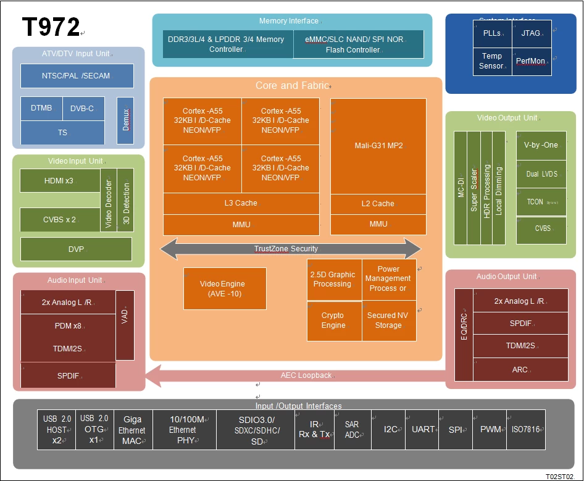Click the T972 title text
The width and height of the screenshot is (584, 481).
(x=51, y=27)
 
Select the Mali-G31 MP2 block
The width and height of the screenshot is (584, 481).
(x=378, y=146)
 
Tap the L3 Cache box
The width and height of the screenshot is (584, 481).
(x=241, y=203)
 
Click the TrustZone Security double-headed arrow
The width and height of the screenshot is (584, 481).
(x=290, y=249)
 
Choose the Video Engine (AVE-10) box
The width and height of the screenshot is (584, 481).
(x=225, y=288)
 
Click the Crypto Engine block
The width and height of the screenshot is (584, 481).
(x=333, y=320)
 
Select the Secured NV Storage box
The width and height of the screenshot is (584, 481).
(x=388, y=320)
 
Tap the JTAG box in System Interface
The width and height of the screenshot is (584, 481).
(x=530, y=33)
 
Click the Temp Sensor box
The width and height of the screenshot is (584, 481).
(x=491, y=61)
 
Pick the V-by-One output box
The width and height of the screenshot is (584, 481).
(x=541, y=145)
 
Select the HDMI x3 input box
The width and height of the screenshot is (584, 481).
(x=59, y=181)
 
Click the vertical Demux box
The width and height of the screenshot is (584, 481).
(x=125, y=120)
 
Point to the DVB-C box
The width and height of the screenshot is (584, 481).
(x=83, y=109)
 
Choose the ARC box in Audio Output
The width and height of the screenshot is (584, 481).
(x=520, y=369)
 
